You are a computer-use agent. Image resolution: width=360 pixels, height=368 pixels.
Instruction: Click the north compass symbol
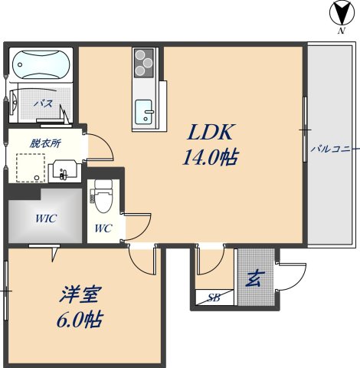(x=339, y=12)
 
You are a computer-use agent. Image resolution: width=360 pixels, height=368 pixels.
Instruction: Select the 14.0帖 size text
(x=209, y=159)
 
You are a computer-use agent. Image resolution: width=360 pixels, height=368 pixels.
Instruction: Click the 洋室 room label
(x=80, y=295)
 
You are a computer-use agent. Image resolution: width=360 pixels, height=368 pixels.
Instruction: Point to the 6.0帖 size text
(x=79, y=320)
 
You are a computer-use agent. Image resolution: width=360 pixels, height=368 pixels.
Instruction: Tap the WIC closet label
(x=45, y=217)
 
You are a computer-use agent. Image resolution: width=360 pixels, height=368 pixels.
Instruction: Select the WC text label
(x=103, y=228)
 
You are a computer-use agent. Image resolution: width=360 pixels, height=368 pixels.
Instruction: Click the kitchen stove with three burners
(x=145, y=62)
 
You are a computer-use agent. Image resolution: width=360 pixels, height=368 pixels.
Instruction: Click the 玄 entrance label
(x=252, y=279)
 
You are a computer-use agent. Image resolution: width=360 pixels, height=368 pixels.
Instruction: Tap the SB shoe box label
(x=214, y=298)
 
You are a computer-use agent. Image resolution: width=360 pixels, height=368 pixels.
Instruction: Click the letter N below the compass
(x=339, y=33)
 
